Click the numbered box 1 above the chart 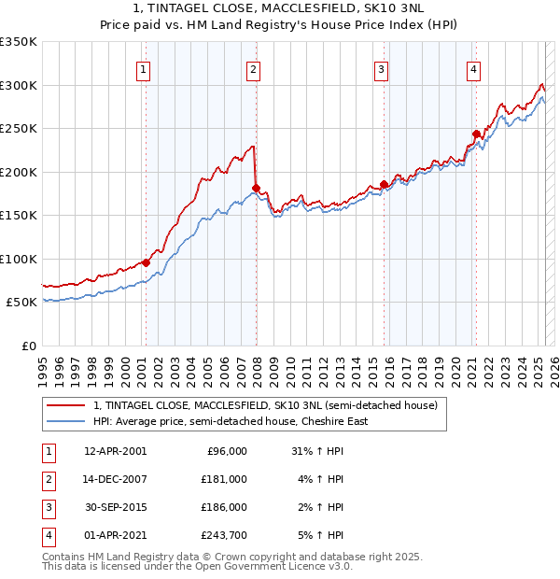tap(144, 68)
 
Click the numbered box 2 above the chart tap(254, 68)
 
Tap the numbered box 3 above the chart tap(382, 68)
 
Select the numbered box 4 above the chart tap(474, 68)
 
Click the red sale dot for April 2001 tap(146, 262)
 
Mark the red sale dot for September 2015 tap(384, 184)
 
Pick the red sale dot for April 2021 tap(475, 134)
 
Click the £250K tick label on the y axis tap(19, 128)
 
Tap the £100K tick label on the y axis tap(19, 259)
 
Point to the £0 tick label tap(28, 346)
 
